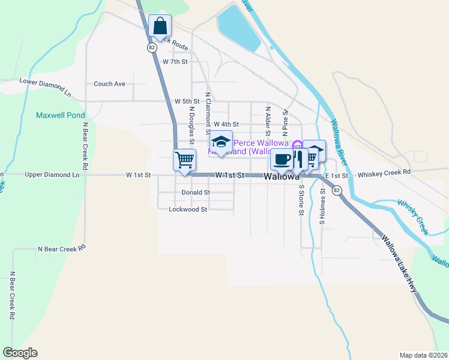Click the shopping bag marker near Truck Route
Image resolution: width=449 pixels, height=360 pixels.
[x=160, y=26]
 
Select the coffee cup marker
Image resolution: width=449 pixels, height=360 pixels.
[x=282, y=160]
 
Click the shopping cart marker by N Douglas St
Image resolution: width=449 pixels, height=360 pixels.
[x=184, y=160]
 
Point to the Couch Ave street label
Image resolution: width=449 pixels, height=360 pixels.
[x=109, y=84]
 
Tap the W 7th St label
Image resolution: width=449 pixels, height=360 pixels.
[x=175, y=62]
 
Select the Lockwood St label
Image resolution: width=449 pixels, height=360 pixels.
[x=188, y=209]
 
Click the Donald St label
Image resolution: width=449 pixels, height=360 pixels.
[x=196, y=193]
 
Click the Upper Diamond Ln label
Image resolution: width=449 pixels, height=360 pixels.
[x=52, y=175]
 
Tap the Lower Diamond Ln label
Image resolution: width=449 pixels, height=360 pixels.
[x=45, y=88]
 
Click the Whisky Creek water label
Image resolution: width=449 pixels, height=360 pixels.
[x=414, y=216]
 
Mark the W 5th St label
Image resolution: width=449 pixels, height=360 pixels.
[x=187, y=101]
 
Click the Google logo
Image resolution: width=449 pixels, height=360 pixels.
[x=20, y=353]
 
